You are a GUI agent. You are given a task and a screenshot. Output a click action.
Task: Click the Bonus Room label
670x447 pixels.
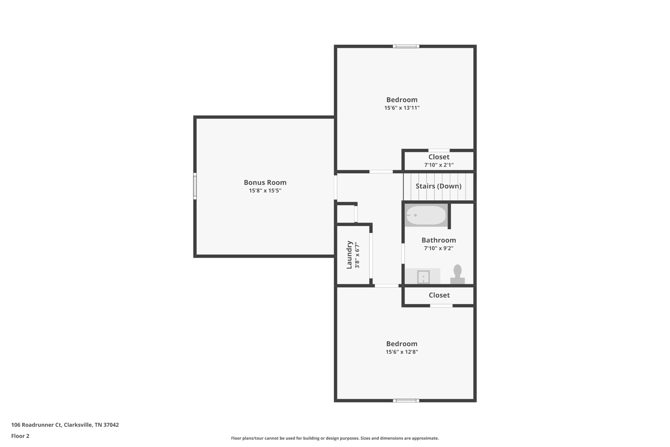(x=265, y=182)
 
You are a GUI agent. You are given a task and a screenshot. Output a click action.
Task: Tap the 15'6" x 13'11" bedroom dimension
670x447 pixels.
(x=402, y=108)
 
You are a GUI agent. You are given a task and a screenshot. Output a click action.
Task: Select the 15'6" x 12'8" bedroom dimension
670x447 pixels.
(x=402, y=352)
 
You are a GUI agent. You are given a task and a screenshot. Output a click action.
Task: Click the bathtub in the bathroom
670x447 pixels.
(x=426, y=215)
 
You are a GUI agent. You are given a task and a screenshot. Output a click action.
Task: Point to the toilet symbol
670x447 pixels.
(x=457, y=274)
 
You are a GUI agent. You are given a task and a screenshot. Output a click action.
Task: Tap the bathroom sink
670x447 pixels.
(x=423, y=277)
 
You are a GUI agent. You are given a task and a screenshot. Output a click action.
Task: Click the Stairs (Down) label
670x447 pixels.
(x=438, y=186)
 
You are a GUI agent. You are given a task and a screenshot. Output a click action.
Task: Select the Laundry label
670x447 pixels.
(x=349, y=255)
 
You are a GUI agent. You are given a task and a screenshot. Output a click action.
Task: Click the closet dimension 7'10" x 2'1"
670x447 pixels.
(x=439, y=165)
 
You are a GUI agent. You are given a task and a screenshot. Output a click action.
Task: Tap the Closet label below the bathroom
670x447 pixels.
(x=439, y=295)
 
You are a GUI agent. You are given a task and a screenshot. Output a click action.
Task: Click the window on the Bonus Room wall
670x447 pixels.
(x=195, y=186)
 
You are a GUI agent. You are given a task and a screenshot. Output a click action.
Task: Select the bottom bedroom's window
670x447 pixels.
(x=406, y=400)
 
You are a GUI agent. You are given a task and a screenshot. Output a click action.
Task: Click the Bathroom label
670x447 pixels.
(x=438, y=240)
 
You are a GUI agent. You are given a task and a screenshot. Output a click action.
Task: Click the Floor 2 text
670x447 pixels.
(x=20, y=436)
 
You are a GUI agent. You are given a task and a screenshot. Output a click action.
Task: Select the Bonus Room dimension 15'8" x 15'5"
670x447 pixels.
(x=265, y=191)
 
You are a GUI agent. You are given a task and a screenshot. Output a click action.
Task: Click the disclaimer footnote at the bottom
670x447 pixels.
(x=335, y=438)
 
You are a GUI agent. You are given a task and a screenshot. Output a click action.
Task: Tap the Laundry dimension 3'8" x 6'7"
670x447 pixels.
(x=357, y=255)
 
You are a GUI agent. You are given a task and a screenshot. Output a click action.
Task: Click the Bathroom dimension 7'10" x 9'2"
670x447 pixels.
(x=438, y=248)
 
